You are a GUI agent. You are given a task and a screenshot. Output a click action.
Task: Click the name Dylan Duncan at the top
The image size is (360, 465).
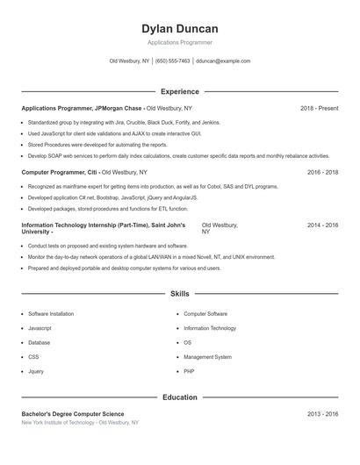[179, 29]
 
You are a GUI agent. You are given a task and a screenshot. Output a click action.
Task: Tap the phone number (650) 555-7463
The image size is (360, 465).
[173, 61]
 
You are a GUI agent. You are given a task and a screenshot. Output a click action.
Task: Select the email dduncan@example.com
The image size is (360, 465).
[223, 61]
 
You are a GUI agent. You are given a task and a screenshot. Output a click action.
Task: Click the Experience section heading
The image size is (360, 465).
[179, 91]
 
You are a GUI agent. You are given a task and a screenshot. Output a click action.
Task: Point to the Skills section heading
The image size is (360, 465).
[179, 293]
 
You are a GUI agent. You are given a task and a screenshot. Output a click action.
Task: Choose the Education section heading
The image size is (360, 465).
[179, 397]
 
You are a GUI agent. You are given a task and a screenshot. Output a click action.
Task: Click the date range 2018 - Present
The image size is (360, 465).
[319, 108]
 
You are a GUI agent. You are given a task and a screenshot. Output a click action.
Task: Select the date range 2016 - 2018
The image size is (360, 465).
[322, 173]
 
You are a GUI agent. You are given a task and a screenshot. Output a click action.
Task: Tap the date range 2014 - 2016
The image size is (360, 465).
[322, 225]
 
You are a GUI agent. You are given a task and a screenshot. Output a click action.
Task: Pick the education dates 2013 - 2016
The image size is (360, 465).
[322, 414]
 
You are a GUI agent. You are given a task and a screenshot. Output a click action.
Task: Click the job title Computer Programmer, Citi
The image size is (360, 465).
[60, 173]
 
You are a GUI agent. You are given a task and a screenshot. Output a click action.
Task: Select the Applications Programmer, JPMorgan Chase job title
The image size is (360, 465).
[82, 108]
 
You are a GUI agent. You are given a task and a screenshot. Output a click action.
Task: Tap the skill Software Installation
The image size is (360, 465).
[51, 313]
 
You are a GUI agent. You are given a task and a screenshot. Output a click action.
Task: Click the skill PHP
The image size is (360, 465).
[189, 371]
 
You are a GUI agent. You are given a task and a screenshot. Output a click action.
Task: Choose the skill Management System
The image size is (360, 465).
[207, 357]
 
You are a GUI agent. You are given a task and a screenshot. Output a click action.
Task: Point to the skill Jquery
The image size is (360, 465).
[36, 371]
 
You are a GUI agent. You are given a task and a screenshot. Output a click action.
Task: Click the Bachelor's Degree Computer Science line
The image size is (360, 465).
[73, 414]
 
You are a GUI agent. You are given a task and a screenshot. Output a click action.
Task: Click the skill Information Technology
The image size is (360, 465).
[210, 328]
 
